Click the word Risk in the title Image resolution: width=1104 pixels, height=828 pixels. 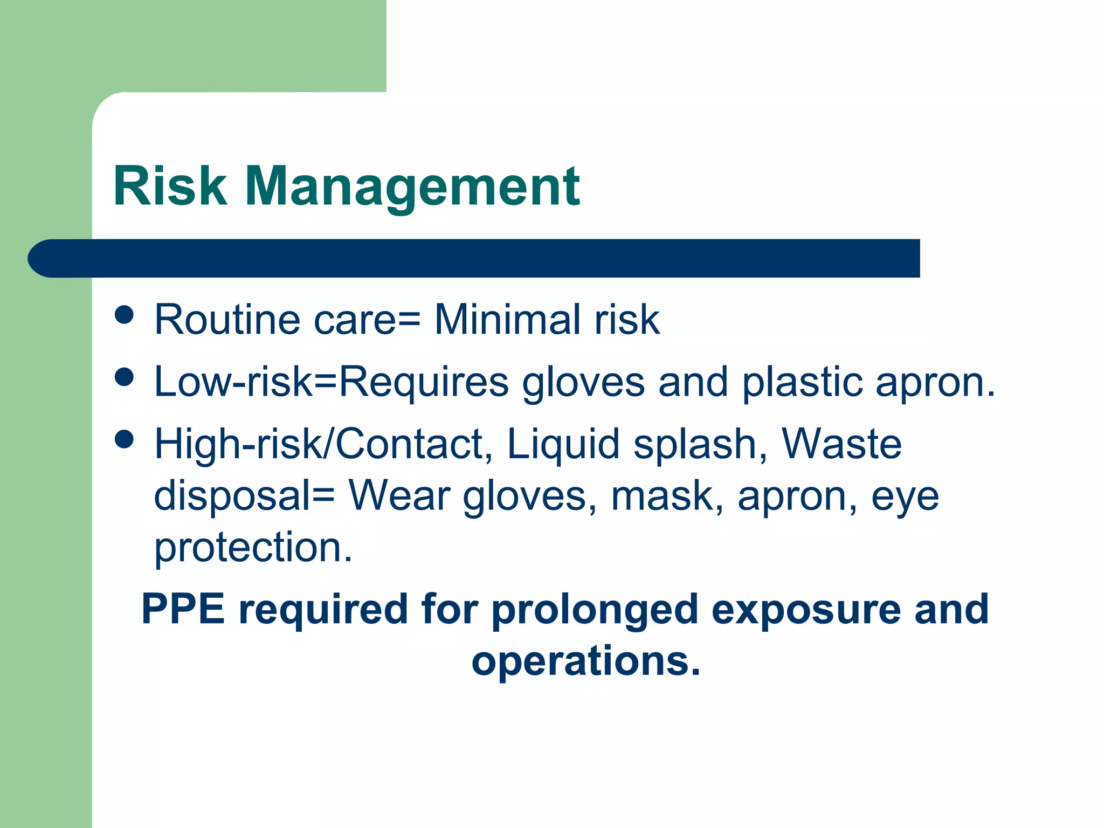[x=170, y=186]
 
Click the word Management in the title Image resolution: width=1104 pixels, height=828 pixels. [x=412, y=186]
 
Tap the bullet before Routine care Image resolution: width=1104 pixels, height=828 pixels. [x=124, y=315]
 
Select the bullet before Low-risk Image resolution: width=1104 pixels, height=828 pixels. [x=124, y=377]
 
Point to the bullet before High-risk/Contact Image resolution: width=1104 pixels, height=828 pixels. [x=124, y=439]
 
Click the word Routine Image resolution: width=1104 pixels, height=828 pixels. [x=227, y=320]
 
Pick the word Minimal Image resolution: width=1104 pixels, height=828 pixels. [x=507, y=320]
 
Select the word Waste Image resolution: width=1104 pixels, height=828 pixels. [x=841, y=444]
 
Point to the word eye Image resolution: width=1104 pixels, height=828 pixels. [x=906, y=497]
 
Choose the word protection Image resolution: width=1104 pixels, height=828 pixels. [x=253, y=548]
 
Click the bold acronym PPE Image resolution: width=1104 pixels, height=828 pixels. [x=183, y=609]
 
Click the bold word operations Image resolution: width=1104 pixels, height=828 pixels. [x=586, y=661]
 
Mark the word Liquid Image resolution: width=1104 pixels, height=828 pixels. [x=563, y=444]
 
